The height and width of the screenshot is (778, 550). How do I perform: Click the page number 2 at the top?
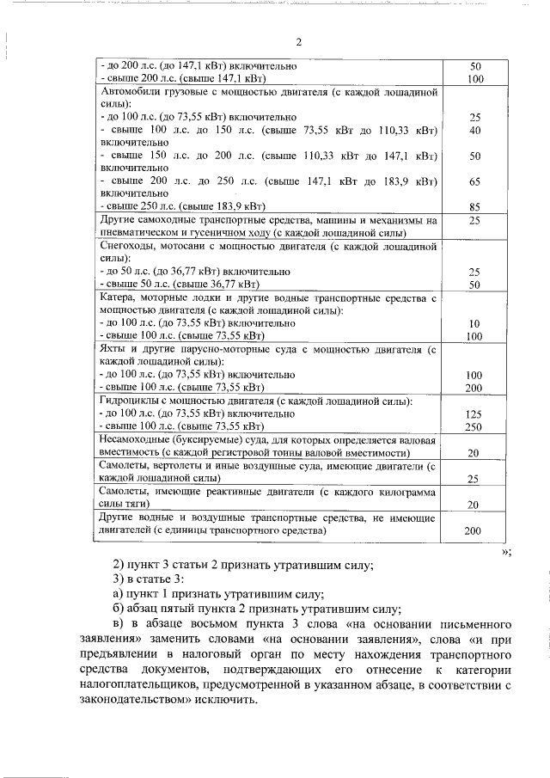tap(298, 42)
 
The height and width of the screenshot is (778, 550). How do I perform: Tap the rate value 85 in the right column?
tap(474, 206)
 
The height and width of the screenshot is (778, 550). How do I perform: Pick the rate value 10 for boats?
tap(474, 323)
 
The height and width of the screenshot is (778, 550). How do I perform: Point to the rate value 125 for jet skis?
tap(474, 414)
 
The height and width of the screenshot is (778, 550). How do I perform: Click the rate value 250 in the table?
tap(474, 426)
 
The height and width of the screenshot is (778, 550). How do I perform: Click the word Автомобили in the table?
tap(130, 91)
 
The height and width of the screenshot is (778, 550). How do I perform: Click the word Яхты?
tap(114, 350)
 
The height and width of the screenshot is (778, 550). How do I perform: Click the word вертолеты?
tap(182, 466)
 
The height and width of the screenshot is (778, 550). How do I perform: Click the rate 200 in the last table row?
tap(474, 531)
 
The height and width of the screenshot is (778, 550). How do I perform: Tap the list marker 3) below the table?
tap(120, 580)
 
